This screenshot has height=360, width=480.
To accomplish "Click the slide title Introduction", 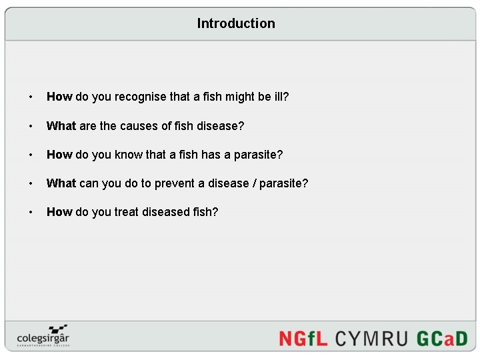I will tap(236, 23).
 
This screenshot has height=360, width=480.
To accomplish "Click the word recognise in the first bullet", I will tap(141, 97).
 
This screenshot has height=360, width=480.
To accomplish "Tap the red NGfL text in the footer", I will tap(303, 338).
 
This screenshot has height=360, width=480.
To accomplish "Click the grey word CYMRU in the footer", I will tap(371, 338).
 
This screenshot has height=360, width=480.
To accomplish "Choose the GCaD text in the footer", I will tap(442, 338).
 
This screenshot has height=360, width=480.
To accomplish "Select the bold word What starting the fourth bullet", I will tap(61, 183).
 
